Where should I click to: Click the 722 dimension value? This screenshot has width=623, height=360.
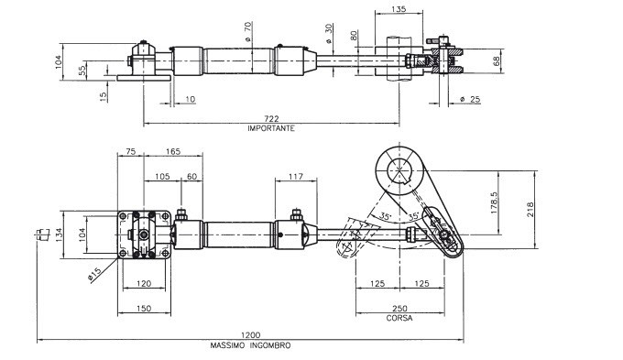click(x=271, y=118)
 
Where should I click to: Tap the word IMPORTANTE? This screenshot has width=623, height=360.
click(x=271, y=128)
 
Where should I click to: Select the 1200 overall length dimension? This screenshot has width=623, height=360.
click(x=250, y=335)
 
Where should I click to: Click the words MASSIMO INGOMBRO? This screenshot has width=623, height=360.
click(x=250, y=345)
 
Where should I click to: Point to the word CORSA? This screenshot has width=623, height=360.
click(x=399, y=318)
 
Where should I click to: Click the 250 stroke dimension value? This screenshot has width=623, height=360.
click(x=399, y=309)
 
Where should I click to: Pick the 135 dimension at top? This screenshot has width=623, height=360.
click(x=399, y=8)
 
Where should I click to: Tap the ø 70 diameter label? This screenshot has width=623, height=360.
click(x=247, y=32)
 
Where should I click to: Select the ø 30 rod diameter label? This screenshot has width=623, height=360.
click(x=328, y=34)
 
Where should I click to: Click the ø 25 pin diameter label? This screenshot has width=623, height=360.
click(x=470, y=99)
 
